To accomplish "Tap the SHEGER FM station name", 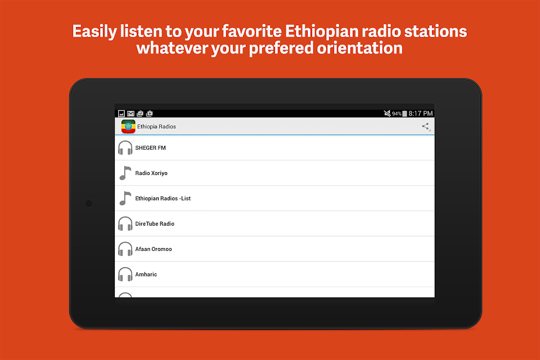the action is point(150,148).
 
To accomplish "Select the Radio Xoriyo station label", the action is point(151,173).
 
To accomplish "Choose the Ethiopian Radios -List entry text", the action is point(163,199).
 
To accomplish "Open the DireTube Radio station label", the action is point(155,223).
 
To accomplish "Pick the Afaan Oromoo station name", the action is point(153,249).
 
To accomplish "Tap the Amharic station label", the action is point(146,274).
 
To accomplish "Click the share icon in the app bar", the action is point(426,127).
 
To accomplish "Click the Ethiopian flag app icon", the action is point(128,127).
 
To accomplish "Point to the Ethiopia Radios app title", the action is point(156,127).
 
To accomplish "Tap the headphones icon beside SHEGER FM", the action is point(125,148).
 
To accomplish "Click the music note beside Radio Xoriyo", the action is point(125,173).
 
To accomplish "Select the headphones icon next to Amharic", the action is point(125,274).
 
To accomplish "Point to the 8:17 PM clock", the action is point(421,113).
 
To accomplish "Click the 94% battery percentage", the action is point(397,114).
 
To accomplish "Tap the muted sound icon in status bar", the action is point(387,113).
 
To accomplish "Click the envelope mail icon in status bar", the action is point(130,113).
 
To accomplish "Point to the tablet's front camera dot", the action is point(89,204).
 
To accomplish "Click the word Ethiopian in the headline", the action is point(317,31).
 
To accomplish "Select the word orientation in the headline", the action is point(359,48).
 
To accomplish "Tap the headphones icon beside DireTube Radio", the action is point(125,223).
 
